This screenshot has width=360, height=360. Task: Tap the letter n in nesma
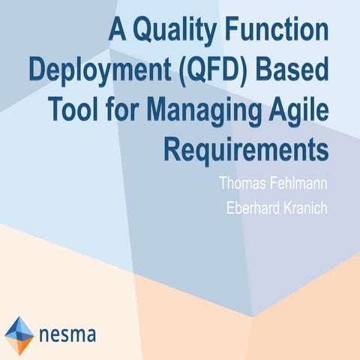coord(44,332)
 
